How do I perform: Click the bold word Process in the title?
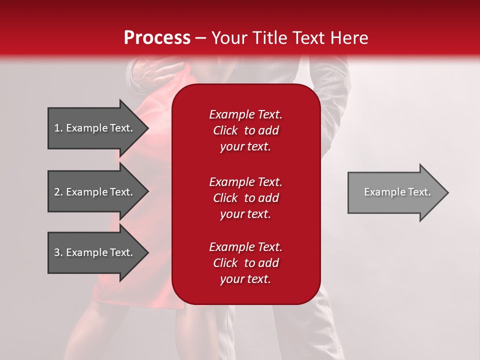[x=157, y=37]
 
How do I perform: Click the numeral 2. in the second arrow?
[x=58, y=192]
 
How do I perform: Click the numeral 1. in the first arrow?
[x=58, y=128]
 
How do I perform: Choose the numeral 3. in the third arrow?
[x=58, y=252]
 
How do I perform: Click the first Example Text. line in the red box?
[x=245, y=114]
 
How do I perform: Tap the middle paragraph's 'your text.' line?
[x=245, y=214]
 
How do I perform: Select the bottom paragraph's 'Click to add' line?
[x=245, y=263]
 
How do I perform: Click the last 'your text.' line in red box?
[x=245, y=279]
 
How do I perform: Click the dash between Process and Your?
[x=200, y=38]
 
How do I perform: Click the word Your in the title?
[x=230, y=37]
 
